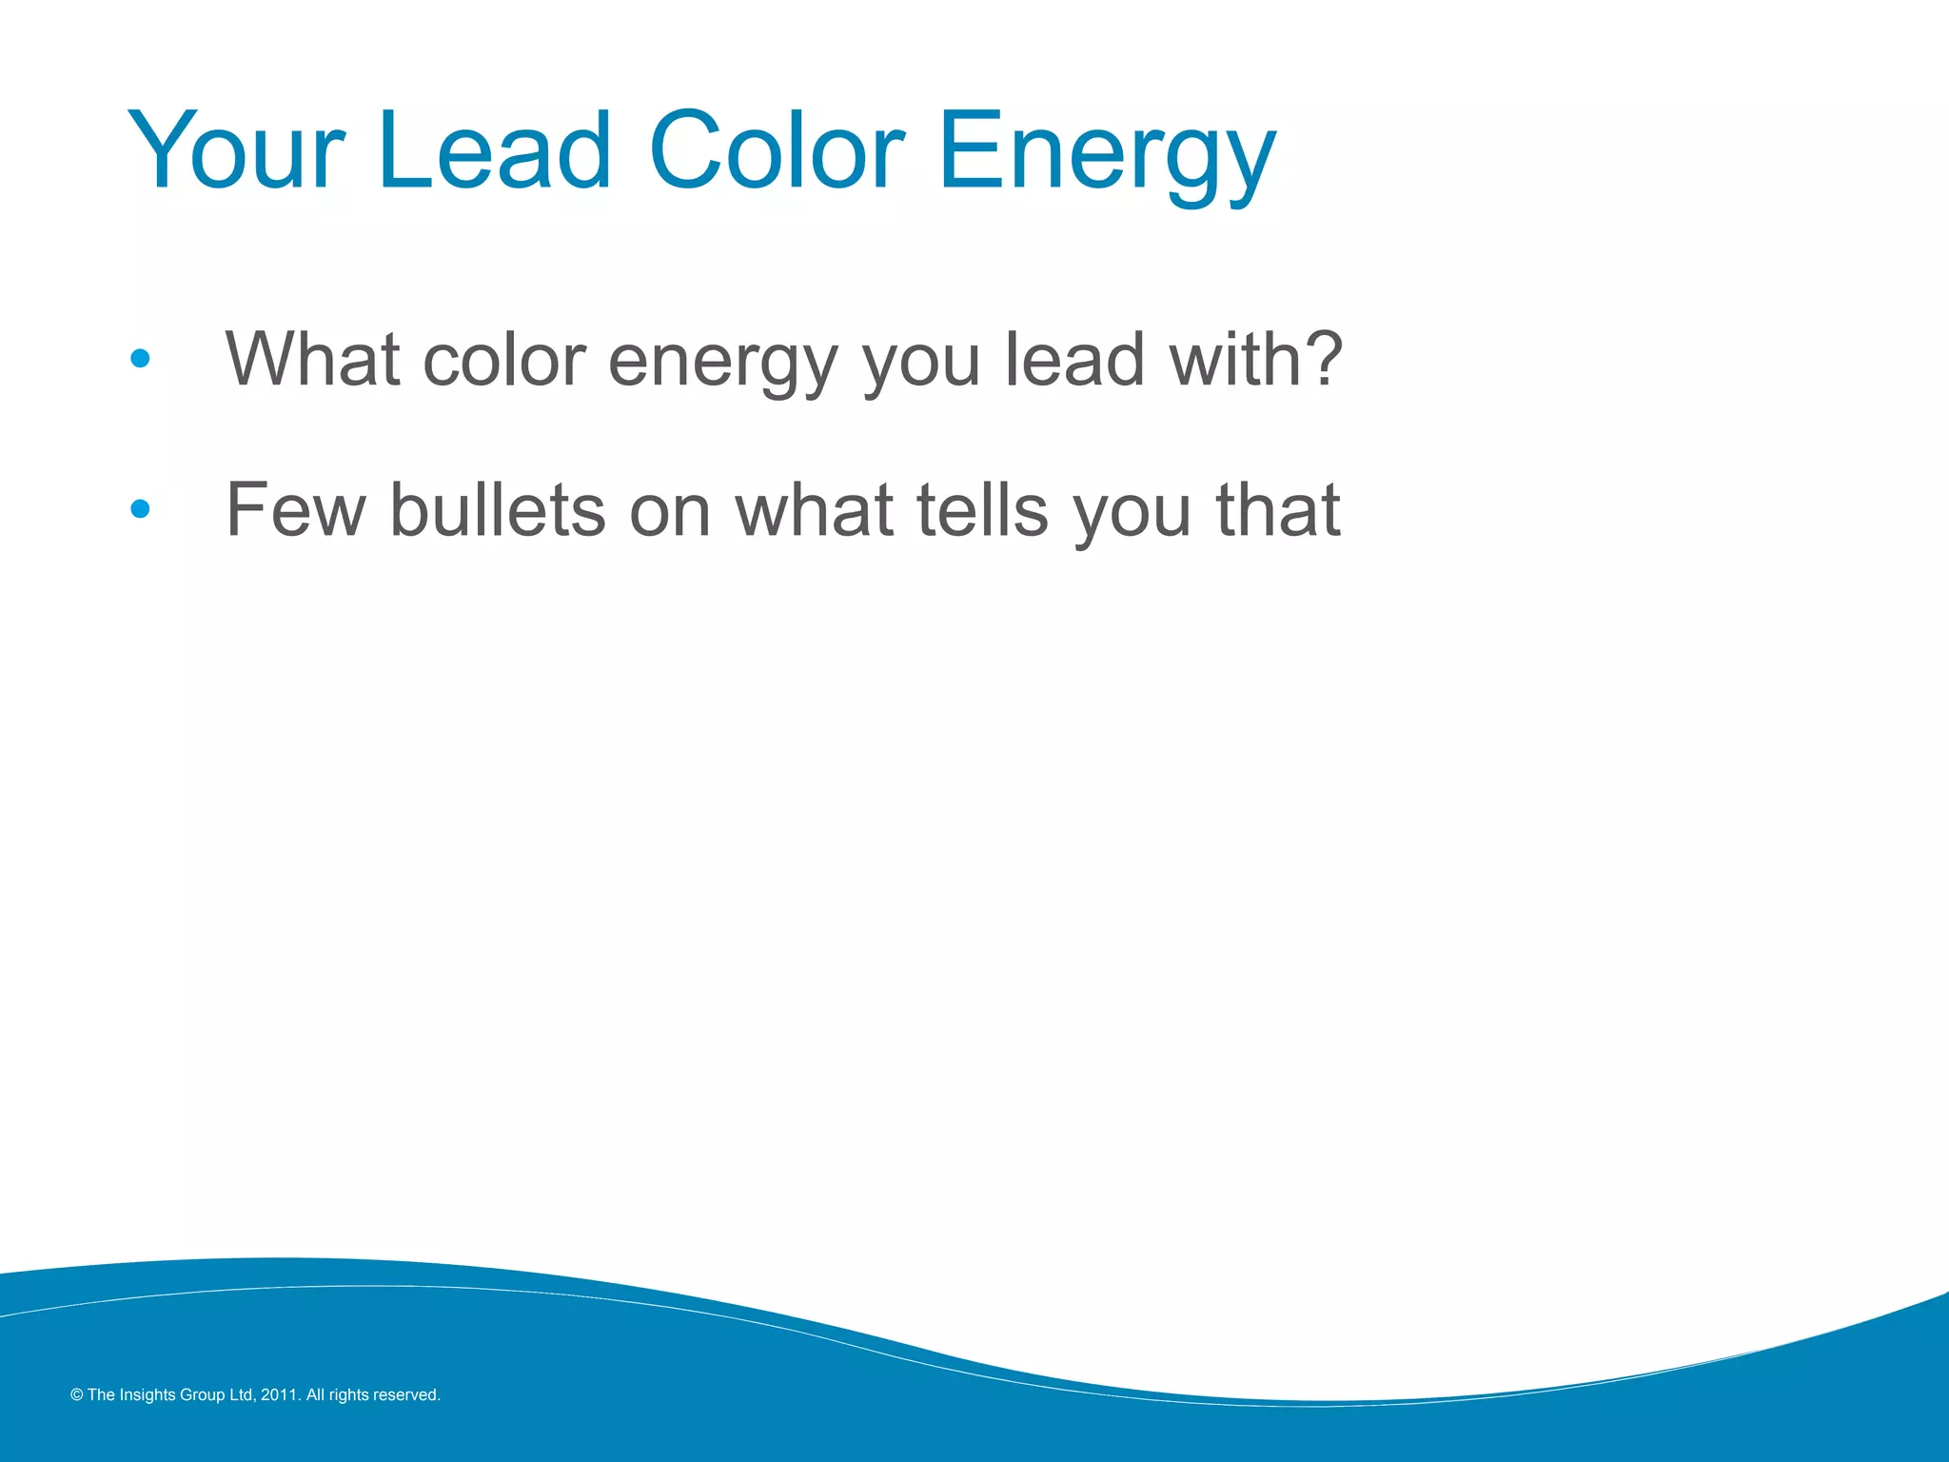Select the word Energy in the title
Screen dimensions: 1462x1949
coord(1106,152)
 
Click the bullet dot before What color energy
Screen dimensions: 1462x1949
coord(140,359)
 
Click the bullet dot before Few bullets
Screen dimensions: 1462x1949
coord(140,509)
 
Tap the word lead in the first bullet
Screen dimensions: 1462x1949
coord(1074,360)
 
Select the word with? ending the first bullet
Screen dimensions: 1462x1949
coord(1256,360)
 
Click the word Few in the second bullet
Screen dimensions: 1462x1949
coord(295,510)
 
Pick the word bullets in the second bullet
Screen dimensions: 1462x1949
coord(498,510)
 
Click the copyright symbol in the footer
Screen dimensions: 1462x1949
coord(77,1395)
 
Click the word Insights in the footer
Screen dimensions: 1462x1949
coord(147,1395)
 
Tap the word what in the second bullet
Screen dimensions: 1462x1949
coord(814,510)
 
